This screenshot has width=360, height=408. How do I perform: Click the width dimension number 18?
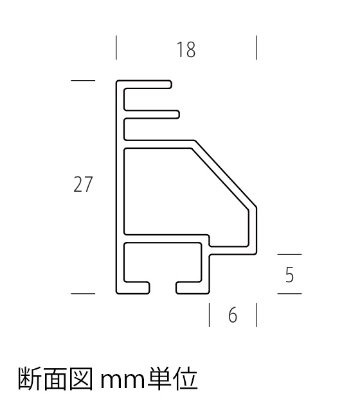186,50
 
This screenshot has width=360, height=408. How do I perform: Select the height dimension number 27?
83,184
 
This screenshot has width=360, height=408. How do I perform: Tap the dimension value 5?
289,275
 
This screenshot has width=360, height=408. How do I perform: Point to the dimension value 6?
233,315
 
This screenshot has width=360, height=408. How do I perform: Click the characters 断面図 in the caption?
55,379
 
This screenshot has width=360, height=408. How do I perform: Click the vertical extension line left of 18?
116,48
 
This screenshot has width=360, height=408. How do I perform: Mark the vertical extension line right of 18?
256,48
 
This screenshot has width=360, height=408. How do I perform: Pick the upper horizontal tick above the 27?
83,80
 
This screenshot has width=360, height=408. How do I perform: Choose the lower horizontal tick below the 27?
83,294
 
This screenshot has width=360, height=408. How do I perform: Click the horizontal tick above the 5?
289,254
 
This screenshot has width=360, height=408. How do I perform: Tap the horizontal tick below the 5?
289,294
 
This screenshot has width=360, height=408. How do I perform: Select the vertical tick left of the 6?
209,315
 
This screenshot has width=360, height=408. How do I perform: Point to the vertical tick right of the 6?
256,315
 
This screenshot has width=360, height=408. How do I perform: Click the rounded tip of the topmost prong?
170,84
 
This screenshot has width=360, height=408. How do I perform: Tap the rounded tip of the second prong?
178,114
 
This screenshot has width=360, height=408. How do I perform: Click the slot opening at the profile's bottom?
163,288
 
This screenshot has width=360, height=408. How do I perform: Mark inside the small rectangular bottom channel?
163,262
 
